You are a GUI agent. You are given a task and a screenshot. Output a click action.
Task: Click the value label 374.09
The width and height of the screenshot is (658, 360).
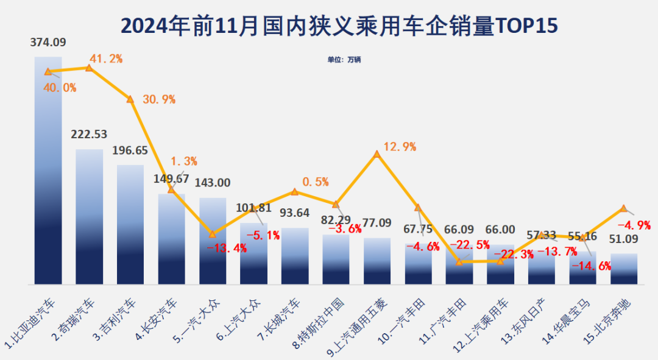pos(48,43)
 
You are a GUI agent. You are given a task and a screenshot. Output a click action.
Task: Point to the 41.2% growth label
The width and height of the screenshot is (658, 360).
pos(106,58)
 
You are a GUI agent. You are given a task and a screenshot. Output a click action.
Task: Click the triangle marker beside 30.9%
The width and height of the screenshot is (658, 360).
pos(130,99)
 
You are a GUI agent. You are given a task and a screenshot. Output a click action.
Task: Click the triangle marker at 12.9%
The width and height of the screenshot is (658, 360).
pos(377,154)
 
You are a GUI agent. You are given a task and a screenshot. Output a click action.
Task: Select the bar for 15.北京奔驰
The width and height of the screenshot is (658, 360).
pos(624,269)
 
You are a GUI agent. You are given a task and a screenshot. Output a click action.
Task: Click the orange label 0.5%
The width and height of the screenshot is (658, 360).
pos(315,182)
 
